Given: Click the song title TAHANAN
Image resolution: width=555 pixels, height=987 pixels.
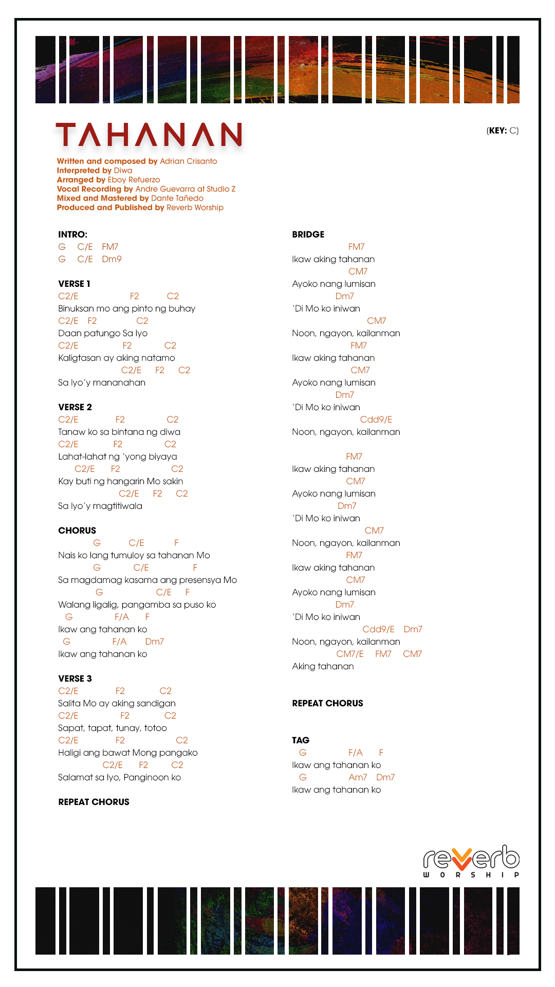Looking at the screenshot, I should click(x=149, y=135).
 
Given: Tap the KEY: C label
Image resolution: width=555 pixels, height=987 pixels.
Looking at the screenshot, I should click(x=502, y=131).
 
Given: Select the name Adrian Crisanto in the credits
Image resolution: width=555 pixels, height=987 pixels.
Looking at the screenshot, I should click(x=188, y=161).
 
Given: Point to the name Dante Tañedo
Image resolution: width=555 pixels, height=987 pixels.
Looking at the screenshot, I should click(x=177, y=198).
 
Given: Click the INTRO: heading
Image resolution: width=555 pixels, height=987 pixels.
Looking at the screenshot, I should click(x=72, y=234).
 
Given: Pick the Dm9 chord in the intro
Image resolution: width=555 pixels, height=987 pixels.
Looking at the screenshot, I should click(x=112, y=259).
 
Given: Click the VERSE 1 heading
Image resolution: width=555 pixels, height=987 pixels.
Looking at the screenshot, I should click(x=74, y=284).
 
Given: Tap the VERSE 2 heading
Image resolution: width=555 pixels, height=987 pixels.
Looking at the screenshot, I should click(x=75, y=407).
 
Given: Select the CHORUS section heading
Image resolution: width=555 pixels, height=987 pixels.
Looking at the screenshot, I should click(x=77, y=531).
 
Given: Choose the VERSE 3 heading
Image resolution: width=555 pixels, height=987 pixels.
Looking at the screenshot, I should click(x=75, y=679).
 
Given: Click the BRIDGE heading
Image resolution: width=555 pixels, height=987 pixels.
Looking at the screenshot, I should click(x=308, y=234).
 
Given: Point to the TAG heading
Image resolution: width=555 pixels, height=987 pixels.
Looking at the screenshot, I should click(x=301, y=740).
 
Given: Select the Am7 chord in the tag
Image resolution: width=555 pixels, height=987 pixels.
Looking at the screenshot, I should click(x=358, y=777).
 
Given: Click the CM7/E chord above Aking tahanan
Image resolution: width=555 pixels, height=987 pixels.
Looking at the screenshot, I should click(x=349, y=654).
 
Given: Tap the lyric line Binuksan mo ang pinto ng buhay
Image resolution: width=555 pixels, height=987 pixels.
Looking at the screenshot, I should click(x=126, y=308).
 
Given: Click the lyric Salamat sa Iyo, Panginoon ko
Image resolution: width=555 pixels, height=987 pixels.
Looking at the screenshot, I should click(x=119, y=777).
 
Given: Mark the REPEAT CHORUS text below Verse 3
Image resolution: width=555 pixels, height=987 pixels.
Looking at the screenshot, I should click(x=94, y=802).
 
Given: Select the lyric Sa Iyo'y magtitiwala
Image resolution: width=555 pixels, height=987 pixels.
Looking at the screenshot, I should click(x=100, y=506).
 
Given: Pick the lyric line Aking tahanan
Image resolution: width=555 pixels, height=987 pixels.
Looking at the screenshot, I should click(x=323, y=666).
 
